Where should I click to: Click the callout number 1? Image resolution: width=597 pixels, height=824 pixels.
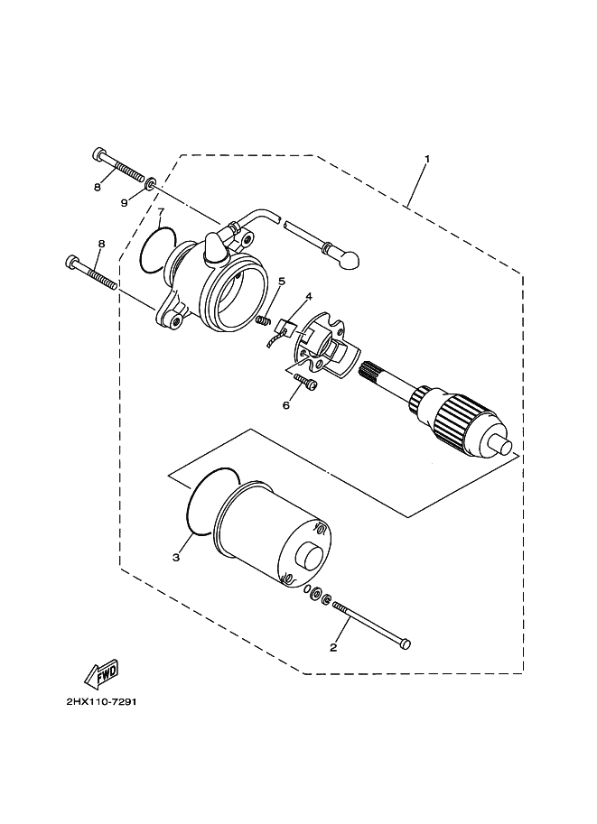(x=427, y=158)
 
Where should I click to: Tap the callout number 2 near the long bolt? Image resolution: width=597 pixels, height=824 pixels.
(x=333, y=647)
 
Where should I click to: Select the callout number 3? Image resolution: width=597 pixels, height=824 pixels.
(x=176, y=557)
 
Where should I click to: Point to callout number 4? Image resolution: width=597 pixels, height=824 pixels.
(x=309, y=297)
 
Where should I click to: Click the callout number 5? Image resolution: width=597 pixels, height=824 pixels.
(x=282, y=282)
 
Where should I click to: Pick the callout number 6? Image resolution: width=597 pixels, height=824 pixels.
(x=286, y=405)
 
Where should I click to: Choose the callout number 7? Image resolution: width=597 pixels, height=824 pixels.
(x=162, y=211)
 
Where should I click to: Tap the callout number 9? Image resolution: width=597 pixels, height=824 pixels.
(x=124, y=203)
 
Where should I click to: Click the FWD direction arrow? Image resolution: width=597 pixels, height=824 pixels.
(x=101, y=674)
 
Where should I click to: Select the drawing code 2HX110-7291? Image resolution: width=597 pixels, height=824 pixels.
(x=102, y=702)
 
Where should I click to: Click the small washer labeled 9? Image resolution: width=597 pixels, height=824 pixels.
(x=150, y=183)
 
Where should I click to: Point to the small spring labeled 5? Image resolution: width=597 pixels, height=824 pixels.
(x=264, y=320)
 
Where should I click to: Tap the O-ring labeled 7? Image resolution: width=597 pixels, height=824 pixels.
(x=157, y=250)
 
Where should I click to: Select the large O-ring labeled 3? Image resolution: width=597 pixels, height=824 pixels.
(x=210, y=501)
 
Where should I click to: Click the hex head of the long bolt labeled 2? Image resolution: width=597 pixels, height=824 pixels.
(x=405, y=643)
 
